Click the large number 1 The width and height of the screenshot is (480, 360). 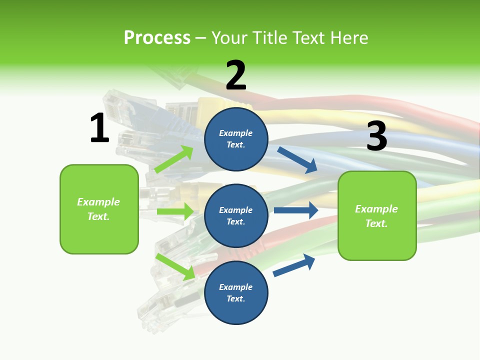point(99,128)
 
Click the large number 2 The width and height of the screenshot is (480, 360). point(236,75)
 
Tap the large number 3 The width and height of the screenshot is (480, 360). point(376,136)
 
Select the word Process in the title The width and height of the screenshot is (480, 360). point(157,37)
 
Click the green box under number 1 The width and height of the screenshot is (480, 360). point(99,209)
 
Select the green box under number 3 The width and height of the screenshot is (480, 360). point(377,215)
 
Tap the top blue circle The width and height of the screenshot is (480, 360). point(236,139)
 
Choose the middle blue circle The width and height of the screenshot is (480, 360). point(236,215)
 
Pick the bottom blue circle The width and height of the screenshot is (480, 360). point(236,292)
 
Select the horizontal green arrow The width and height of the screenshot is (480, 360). point(175,211)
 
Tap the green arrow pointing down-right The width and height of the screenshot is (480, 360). point(175,266)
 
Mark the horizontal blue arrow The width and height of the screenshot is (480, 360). point(296,210)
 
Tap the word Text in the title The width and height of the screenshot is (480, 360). point(310,37)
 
